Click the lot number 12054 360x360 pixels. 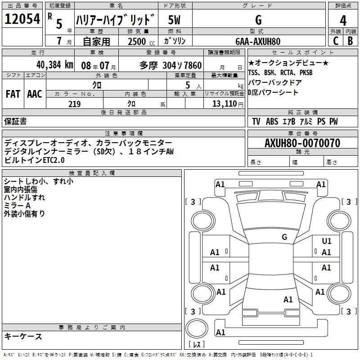pyautogui.click(x=22, y=18)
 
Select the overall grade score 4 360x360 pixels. pyautogui.click(x=343, y=20)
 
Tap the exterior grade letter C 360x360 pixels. pyautogui.click(x=336, y=41)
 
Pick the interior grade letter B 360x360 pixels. pyautogui.click(x=350, y=41)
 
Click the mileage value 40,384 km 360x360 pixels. pyautogui.click(x=55, y=65)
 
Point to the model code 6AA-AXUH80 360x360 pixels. pyautogui.click(x=258, y=41)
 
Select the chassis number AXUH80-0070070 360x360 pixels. pyautogui.click(x=302, y=143)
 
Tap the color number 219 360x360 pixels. pyautogui.click(x=74, y=104)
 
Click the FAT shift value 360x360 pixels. pyautogui.click(x=13, y=94)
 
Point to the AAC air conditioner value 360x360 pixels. pyautogui.click(x=35, y=94)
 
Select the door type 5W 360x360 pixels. pyautogui.click(x=174, y=20)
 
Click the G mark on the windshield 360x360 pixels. pyautogui.click(x=284, y=237)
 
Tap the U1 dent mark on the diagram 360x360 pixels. pyautogui.click(x=327, y=241)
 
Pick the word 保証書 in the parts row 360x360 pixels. pyautogui.click(x=15, y=121)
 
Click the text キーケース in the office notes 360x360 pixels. pyautogui.click(x=23, y=336)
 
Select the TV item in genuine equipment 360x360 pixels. pyautogui.click(x=256, y=121)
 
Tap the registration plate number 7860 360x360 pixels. pyautogui.click(x=193, y=65)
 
